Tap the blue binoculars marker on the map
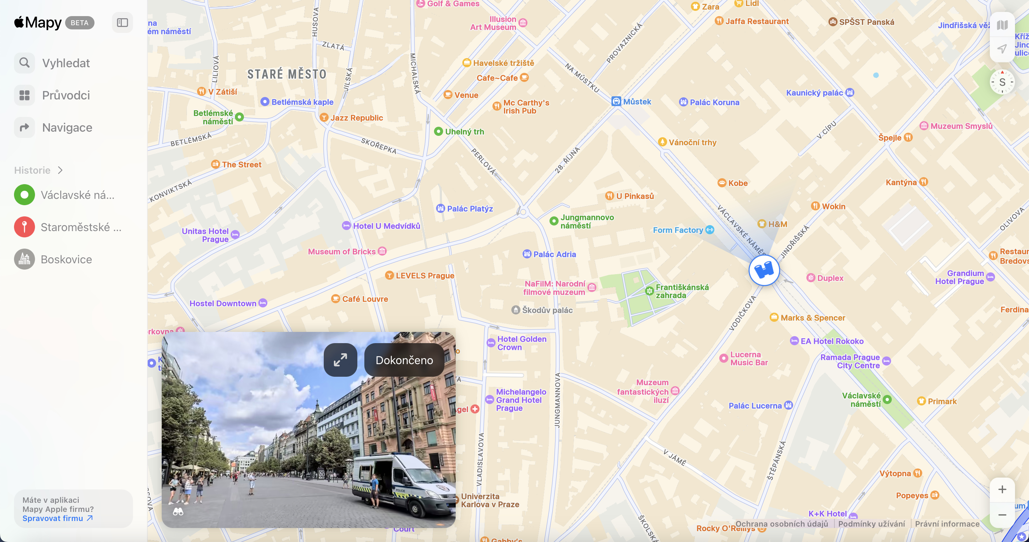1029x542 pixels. tap(764, 271)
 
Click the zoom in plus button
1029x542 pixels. tap(1002, 489)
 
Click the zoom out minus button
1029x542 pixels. tap(1002, 515)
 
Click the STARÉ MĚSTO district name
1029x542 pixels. tap(287, 74)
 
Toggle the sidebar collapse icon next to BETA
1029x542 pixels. tap(122, 23)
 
